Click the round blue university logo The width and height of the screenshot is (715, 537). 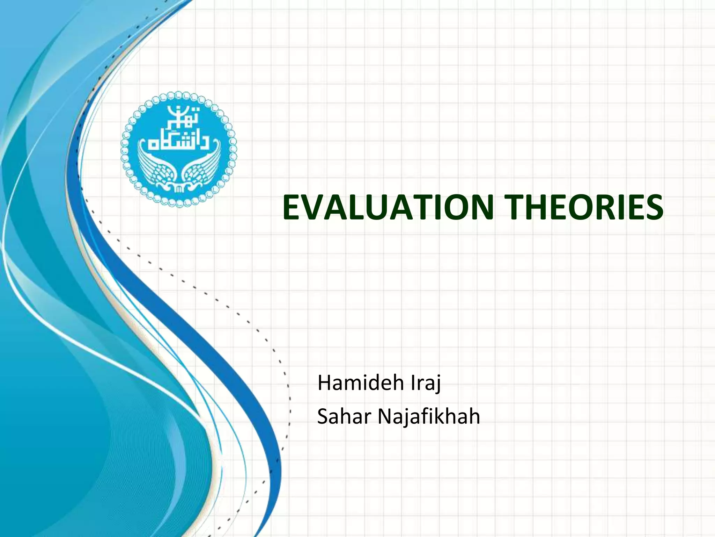tap(179, 149)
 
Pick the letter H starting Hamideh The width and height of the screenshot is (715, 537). tap(324, 383)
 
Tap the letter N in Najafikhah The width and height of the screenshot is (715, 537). tap(385, 417)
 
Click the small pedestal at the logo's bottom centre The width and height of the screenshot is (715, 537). tap(178, 189)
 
